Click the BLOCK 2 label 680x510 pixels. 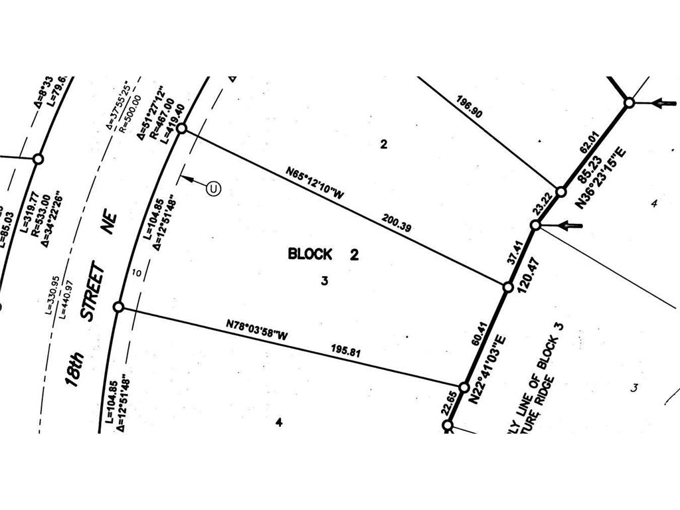point(323,254)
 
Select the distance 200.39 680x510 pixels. point(396,222)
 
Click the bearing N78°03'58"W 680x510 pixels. point(256,330)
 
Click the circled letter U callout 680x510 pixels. point(213,189)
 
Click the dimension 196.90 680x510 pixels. point(469,106)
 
